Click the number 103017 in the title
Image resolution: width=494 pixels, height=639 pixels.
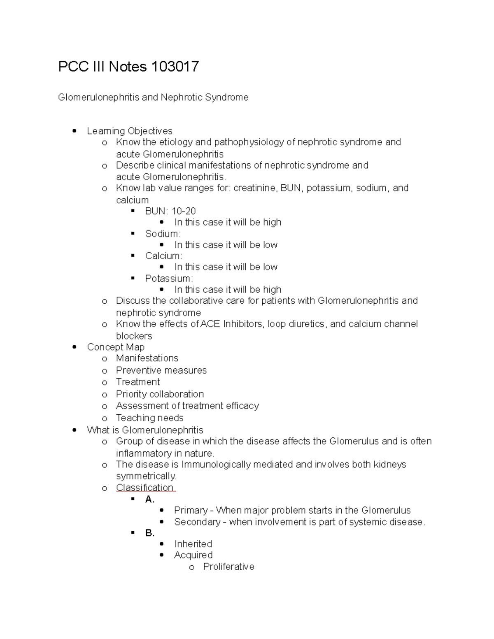coord(175,67)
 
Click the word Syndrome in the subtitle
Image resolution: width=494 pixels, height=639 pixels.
coord(228,98)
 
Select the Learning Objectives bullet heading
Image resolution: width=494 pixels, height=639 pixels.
coord(130,131)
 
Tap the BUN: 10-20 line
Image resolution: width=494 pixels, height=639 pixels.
coord(170,211)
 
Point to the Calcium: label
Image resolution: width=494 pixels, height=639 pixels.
coord(164,256)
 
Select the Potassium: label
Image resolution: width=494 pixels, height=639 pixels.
coord(169,279)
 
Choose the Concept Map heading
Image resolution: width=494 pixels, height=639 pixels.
coord(116,347)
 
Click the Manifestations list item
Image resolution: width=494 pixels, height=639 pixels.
coord(147,358)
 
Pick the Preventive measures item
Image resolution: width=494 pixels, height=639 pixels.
coord(161,370)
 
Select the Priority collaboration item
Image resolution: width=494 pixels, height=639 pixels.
coord(160,394)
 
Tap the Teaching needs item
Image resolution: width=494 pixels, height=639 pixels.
coord(150,418)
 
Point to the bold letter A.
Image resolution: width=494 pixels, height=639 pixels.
coord(149,500)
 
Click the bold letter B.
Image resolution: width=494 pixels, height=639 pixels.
coord(149,533)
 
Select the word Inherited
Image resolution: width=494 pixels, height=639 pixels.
coord(193,544)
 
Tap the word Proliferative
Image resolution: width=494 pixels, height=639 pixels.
coord(228,567)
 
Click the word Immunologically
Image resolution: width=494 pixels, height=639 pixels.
coord(216,465)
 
